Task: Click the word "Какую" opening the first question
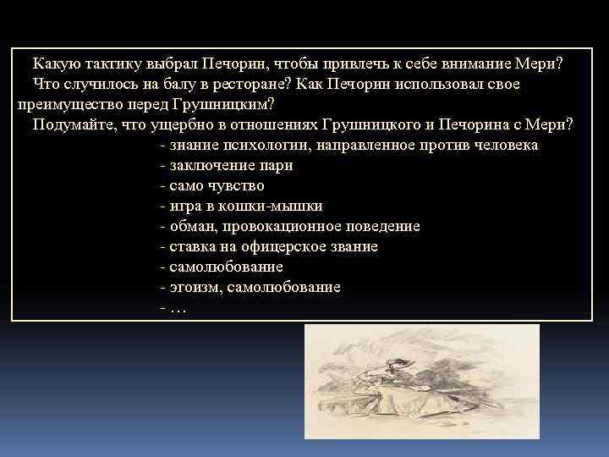pyautogui.click(x=56, y=64)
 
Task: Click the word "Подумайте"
pyautogui.click(x=72, y=125)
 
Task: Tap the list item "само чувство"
pyautogui.click(x=217, y=186)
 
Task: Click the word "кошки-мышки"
pyautogui.click(x=280, y=206)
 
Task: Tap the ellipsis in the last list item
pyautogui.click(x=177, y=308)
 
